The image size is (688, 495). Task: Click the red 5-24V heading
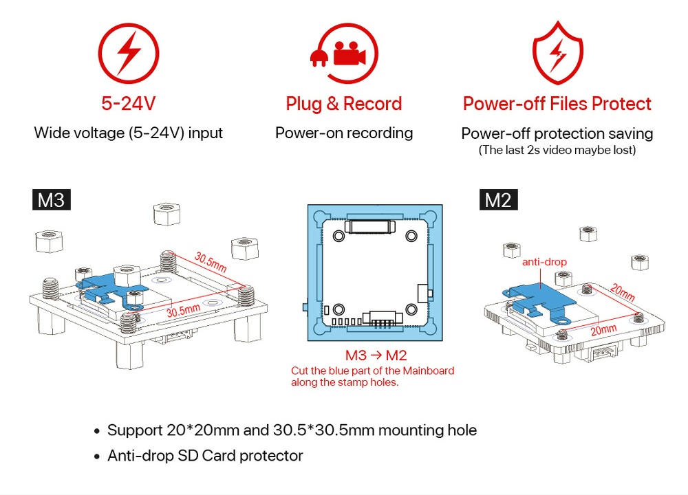pyautogui.click(x=129, y=104)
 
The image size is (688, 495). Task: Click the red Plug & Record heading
pyautogui.click(x=344, y=104)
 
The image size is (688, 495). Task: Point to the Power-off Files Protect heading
pyautogui.click(x=557, y=104)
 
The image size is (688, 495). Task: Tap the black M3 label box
pyautogui.click(x=52, y=200)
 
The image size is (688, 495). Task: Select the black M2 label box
pyautogui.click(x=498, y=200)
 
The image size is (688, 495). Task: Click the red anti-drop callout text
pyautogui.click(x=544, y=262)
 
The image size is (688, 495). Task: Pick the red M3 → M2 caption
pyautogui.click(x=376, y=356)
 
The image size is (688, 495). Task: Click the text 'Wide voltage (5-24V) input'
pyautogui.click(x=129, y=133)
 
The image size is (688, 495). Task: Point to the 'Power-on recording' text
pyautogui.click(x=344, y=133)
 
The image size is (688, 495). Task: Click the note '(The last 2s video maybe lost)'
pyautogui.click(x=557, y=150)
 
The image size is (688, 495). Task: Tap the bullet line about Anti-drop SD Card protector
pyautogui.click(x=205, y=455)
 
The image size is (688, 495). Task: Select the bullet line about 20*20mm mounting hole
pyautogui.click(x=292, y=430)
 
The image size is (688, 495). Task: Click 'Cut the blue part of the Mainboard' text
pyautogui.click(x=372, y=371)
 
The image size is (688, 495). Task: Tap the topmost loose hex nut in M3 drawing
pyautogui.click(x=165, y=214)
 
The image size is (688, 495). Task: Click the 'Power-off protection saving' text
pyautogui.click(x=557, y=133)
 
